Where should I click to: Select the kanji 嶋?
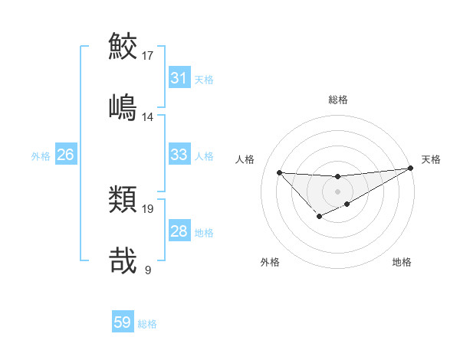[x=123, y=107]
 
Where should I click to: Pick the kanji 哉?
[x=123, y=260]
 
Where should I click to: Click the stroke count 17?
[x=148, y=55]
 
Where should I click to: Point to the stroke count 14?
[x=148, y=116]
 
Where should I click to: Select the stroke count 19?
[x=148, y=208]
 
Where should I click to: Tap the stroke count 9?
[x=147, y=270]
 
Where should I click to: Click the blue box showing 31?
[x=179, y=78]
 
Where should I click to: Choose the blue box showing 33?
[x=179, y=155]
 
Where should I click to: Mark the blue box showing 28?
[x=179, y=231]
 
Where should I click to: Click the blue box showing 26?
[x=65, y=155]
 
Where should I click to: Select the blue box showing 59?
[x=122, y=322]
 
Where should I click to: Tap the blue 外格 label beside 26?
[x=41, y=155]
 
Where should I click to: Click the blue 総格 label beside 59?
[x=147, y=323]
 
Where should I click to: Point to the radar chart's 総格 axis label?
[x=337, y=99]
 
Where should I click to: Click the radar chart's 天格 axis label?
[x=431, y=159]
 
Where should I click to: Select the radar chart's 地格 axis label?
[x=402, y=262]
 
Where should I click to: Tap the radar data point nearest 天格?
[x=412, y=169]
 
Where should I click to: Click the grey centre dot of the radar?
[x=337, y=191]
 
